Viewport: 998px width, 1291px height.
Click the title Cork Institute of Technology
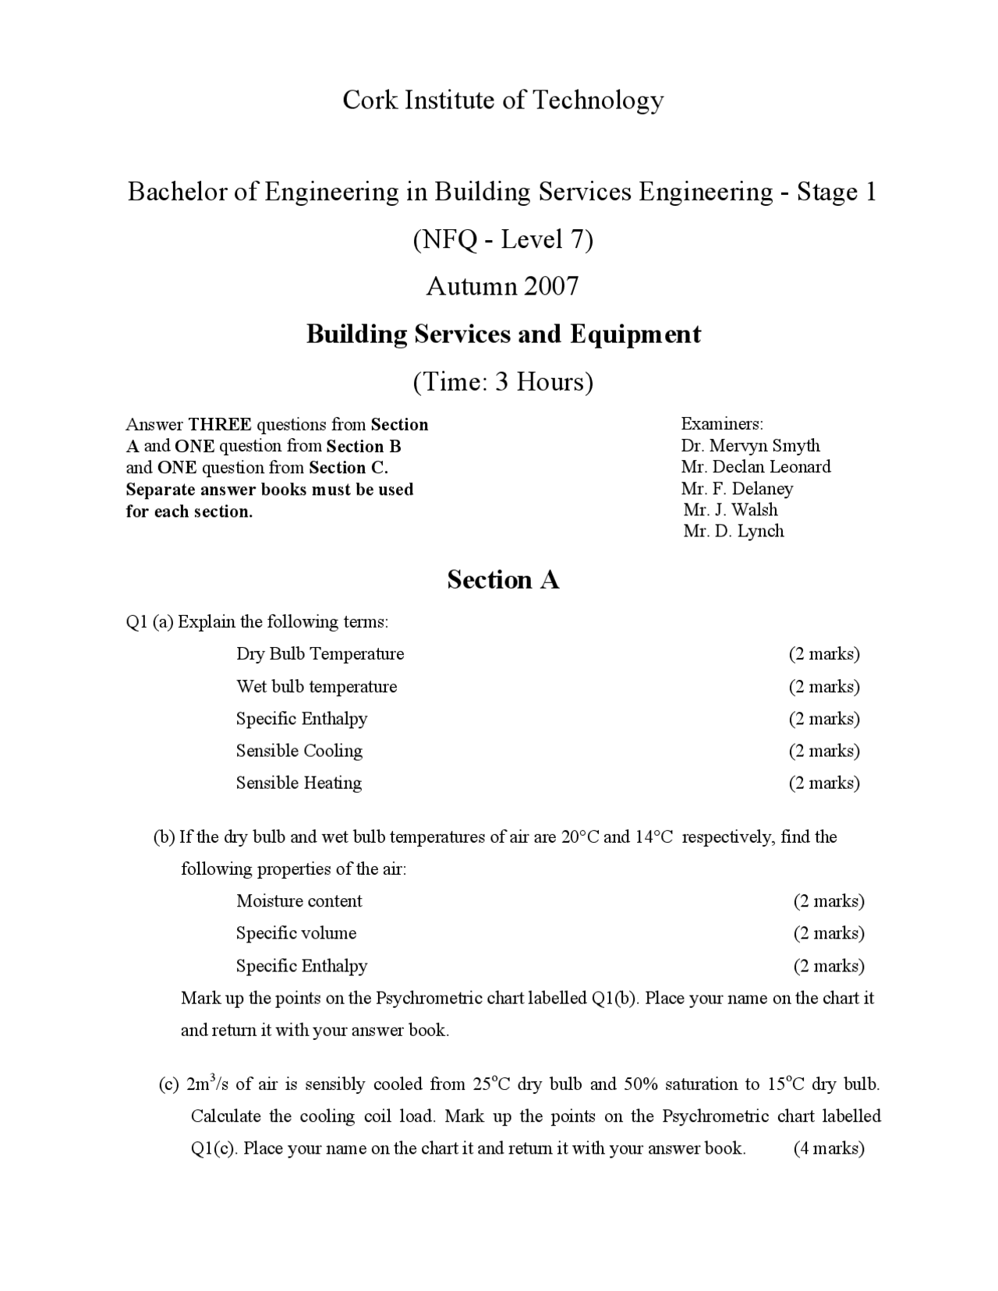click(x=503, y=100)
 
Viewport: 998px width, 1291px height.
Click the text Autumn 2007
click(x=503, y=286)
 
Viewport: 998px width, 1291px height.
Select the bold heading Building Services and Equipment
click(x=503, y=334)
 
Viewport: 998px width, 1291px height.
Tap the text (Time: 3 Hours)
click(x=503, y=381)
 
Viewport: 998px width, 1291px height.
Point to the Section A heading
click(x=503, y=579)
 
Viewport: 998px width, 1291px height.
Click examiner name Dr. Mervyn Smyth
click(x=750, y=445)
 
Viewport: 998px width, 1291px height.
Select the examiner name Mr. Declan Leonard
click(x=756, y=466)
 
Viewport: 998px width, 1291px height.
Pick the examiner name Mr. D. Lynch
click(x=734, y=531)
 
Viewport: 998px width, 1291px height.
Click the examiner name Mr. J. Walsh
click(x=731, y=510)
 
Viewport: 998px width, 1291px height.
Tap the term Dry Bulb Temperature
click(x=320, y=653)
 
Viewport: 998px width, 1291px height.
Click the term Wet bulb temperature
click(x=317, y=686)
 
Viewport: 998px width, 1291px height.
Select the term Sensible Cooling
click(x=299, y=750)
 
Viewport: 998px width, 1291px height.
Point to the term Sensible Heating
click(x=299, y=782)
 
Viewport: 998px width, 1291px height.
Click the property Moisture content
click(x=299, y=900)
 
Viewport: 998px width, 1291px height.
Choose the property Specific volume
click(x=296, y=932)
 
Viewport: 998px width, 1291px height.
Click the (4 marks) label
click(x=829, y=1148)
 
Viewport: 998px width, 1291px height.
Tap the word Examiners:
click(x=722, y=424)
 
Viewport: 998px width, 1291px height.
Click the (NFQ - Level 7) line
click(x=503, y=239)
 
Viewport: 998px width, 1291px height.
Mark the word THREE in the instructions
click(x=220, y=425)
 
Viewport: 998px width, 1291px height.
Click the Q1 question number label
click(x=136, y=621)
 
